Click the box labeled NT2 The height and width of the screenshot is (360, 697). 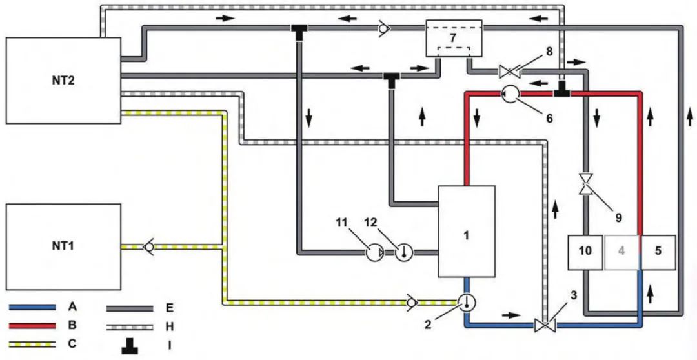(x=63, y=81)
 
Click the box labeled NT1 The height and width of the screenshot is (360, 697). (x=63, y=246)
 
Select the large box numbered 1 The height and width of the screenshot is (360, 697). (x=467, y=231)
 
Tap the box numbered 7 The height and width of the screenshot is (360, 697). (x=454, y=38)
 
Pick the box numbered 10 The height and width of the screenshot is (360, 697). (x=585, y=252)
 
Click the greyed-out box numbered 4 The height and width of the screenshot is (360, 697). (x=621, y=252)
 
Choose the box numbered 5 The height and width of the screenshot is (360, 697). (x=658, y=252)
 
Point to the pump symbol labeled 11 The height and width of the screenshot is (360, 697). (x=374, y=254)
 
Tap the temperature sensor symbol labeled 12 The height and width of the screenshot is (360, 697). (x=404, y=254)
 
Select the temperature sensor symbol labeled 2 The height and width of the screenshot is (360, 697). (x=467, y=302)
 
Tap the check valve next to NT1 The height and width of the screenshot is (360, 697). (x=148, y=246)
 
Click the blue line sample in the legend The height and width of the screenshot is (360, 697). (x=32, y=307)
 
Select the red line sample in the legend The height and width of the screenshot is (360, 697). (x=32, y=326)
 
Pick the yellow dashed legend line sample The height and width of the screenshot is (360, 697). (x=32, y=344)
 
